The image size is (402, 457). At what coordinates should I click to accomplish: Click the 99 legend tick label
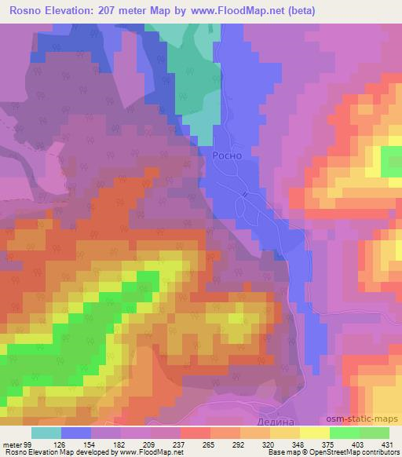coord(28,445)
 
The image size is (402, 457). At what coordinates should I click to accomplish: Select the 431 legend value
coord(387,445)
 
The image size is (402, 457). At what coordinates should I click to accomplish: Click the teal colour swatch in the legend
coord(46,433)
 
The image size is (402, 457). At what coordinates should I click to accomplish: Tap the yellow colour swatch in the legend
coord(314,433)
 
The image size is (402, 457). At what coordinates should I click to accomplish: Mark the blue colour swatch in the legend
coord(76,433)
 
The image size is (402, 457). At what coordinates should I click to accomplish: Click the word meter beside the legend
coord(11,445)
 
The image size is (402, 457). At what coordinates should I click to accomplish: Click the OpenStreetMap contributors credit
coord(357,453)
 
